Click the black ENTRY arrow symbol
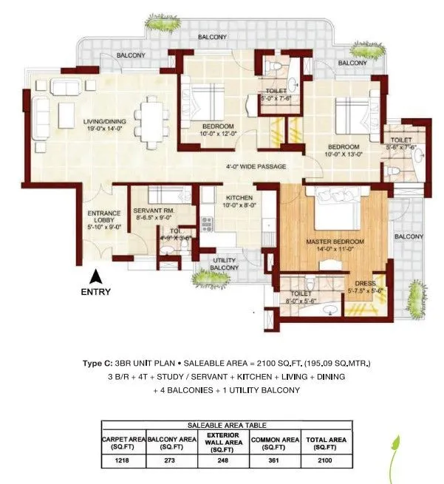pyautogui.click(x=95, y=277)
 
